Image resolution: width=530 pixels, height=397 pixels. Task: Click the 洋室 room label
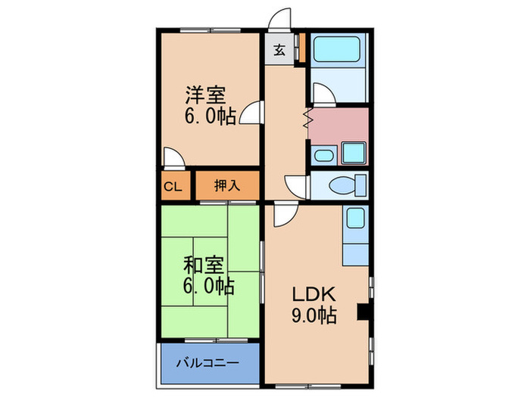[x=206, y=96]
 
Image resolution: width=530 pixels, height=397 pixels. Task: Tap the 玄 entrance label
[x=279, y=51]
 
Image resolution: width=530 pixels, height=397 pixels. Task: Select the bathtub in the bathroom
[x=338, y=51]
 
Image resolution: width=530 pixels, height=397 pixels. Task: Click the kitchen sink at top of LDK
[x=354, y=220]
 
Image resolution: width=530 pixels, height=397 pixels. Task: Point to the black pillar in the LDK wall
[x=363, y=311]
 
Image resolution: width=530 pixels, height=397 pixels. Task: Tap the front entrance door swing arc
[x=280, y=20]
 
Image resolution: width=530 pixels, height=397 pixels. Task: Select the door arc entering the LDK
[x=285, y=216]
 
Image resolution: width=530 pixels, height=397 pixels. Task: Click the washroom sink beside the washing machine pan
[x=321, y=157]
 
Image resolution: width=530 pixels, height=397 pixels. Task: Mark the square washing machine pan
[x=354, y=152]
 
